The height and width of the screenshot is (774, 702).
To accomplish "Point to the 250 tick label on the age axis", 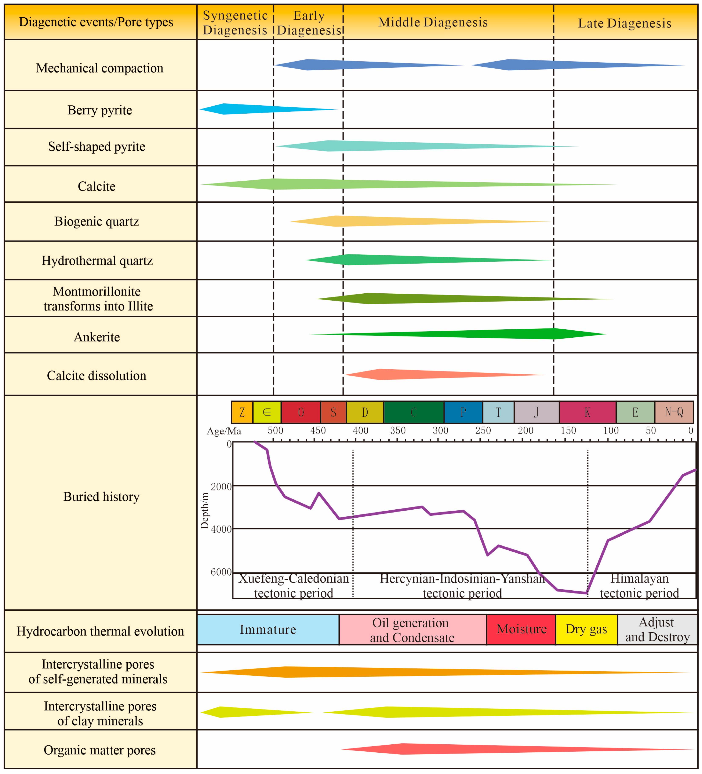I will tap(483, 430).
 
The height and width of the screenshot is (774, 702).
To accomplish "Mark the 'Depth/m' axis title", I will tap(205, 511).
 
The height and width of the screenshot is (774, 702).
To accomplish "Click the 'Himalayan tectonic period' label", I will tap(639, 586).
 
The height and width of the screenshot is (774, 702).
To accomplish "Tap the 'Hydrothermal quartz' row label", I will tap(97, 260).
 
